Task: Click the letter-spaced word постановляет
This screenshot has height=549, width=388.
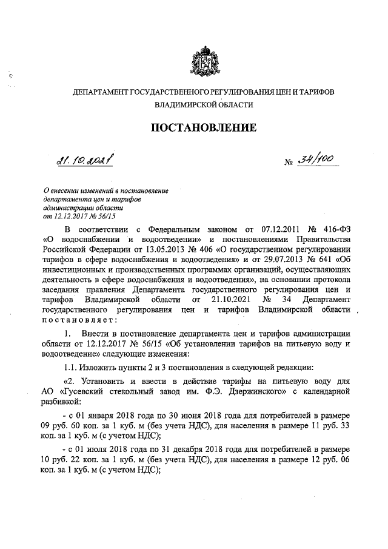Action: click(75, 319)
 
